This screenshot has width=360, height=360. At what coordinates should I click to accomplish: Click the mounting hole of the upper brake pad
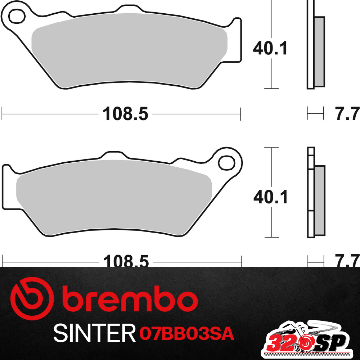[16, 15]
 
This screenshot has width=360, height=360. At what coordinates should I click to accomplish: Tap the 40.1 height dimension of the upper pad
[270, 48]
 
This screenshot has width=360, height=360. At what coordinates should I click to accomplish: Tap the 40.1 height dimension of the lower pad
[270, 197]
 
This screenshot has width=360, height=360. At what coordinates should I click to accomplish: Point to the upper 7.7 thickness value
[347, 114]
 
